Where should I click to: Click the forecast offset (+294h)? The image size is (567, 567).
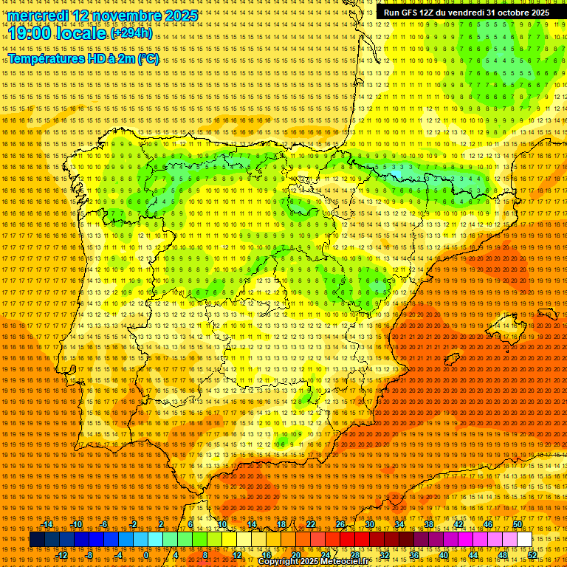point(131,33)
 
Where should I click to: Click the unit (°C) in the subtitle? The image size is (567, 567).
point(148,58)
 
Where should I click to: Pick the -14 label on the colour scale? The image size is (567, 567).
point(47,524)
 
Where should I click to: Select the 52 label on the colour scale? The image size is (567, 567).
point(532,555)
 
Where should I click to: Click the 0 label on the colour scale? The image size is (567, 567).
point(146,555)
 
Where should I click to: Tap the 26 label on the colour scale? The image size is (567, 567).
point(340,524)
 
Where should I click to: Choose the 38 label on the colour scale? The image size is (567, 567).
point(429,524)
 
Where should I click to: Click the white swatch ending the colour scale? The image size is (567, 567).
point(524,540)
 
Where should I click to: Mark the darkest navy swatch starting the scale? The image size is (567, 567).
point(37,540)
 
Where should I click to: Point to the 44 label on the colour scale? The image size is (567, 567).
point(473,555)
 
